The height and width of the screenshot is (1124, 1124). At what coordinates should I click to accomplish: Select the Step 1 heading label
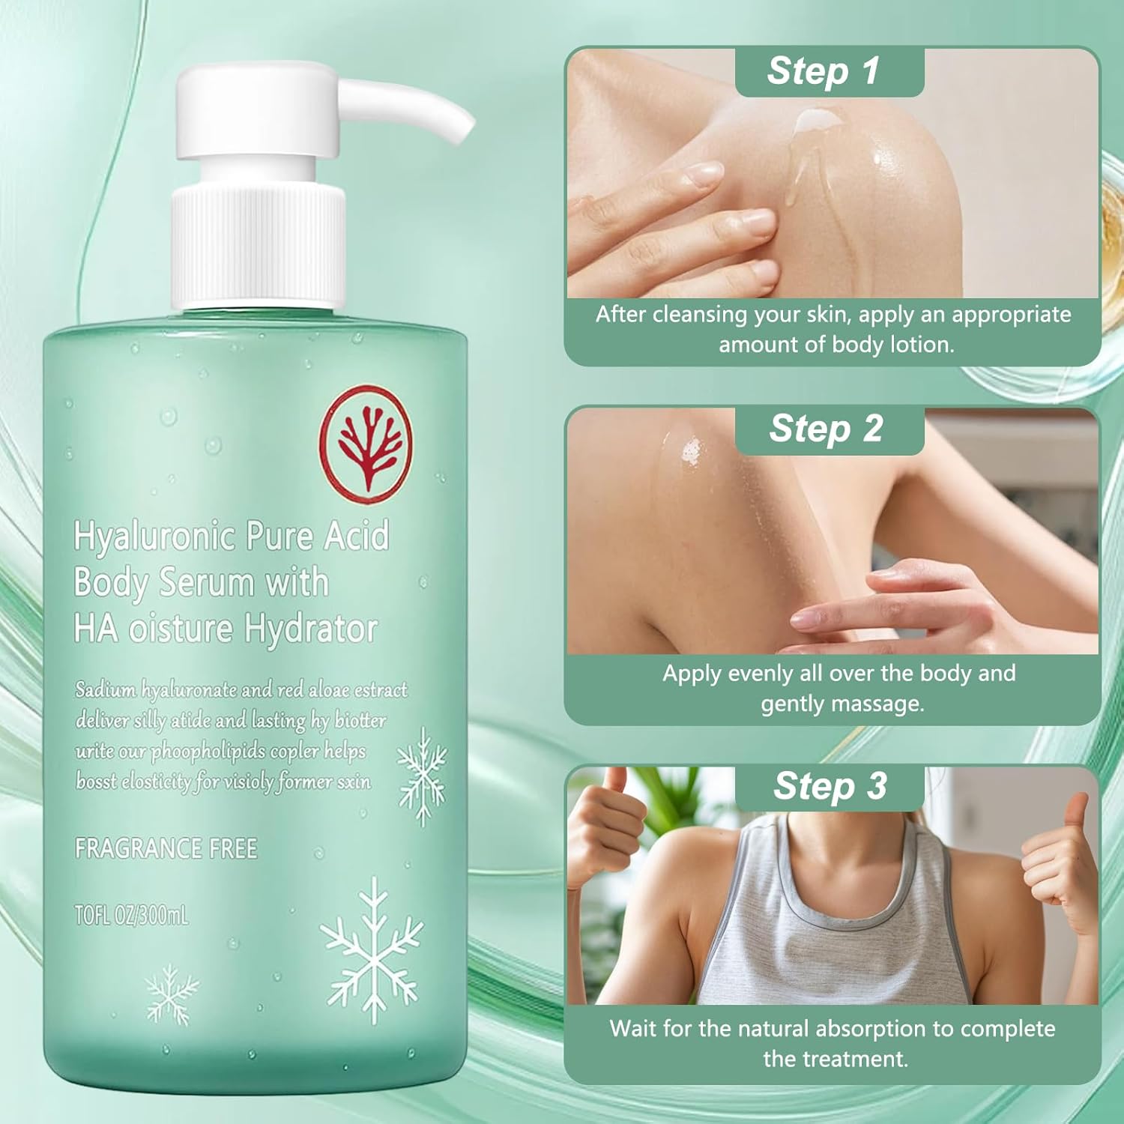[823, 71]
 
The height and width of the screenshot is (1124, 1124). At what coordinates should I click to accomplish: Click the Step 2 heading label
[826, 429]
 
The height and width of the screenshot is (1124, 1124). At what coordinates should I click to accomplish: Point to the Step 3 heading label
[830, 786]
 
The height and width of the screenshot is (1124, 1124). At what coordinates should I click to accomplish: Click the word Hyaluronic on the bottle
[154, 537]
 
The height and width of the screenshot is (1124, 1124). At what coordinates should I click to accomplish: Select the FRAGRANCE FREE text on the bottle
[166, 849]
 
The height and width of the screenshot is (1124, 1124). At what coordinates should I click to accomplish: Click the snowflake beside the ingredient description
[422, 775]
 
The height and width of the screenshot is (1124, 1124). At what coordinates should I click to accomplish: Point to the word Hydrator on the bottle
[310, 629]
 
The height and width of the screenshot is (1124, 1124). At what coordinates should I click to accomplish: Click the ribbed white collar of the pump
[259, 247]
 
